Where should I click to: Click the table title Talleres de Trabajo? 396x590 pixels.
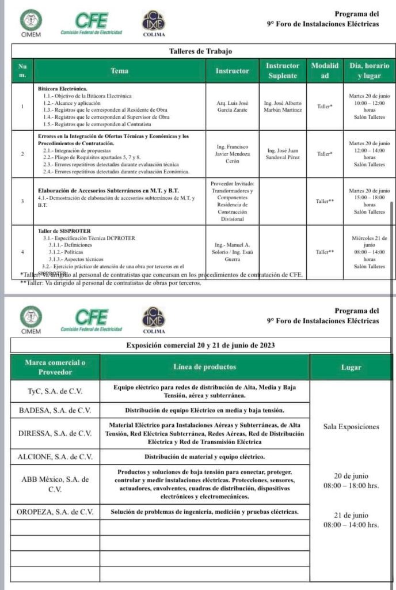200,51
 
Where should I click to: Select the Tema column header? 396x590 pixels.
119,71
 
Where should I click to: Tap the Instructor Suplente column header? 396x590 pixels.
283,71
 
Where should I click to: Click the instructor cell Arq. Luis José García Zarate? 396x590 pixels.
232,106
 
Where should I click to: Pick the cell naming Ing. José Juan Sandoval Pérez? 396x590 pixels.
283,153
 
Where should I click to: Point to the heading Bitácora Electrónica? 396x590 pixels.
62,89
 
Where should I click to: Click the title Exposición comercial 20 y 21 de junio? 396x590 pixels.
200,345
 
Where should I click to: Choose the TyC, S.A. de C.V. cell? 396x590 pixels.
55,391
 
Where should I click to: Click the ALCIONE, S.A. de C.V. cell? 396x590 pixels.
55,457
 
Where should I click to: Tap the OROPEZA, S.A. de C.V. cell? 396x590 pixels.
55,512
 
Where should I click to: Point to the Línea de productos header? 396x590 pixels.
204,367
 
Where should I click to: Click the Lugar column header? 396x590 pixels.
351,367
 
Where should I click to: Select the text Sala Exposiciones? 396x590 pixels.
351,426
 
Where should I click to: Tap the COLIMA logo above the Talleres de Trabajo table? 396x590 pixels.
153,23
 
